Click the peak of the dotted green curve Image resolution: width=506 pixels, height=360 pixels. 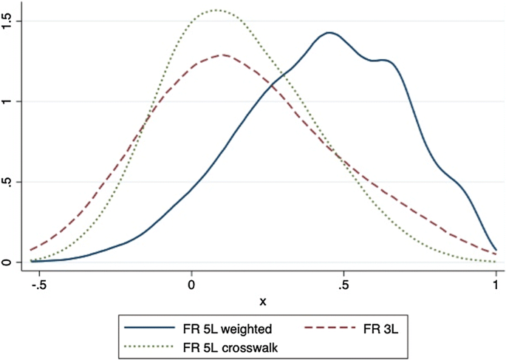(x=216, y=10)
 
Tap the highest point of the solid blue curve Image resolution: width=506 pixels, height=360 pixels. (x=329, y=33)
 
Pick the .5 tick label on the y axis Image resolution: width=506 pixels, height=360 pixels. (x=8, y=182)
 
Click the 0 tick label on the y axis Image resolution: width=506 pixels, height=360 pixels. (x=8, y=262)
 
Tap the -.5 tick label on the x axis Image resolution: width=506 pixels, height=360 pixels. (x=38, y=285)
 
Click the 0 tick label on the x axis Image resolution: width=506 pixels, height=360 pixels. (x=191, y=285)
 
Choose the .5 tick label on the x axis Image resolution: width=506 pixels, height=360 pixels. (x=343, y=285)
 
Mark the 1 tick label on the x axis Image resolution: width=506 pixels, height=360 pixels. (x=495, y=285)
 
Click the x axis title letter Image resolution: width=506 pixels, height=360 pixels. (x=263, y=302)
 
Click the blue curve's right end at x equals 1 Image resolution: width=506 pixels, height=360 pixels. (x=495, y=250)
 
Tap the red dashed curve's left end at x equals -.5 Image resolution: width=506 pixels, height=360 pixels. (x=31, y=250)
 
